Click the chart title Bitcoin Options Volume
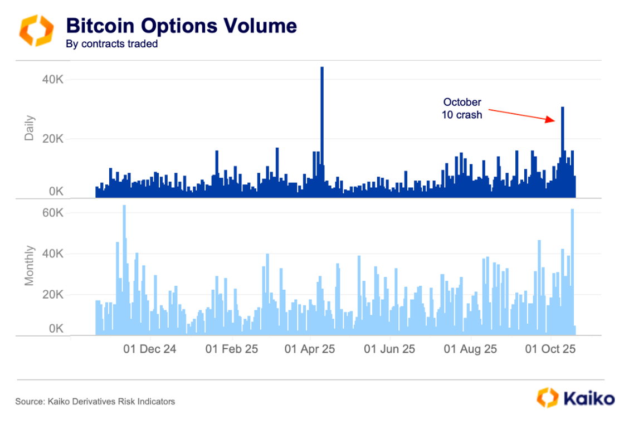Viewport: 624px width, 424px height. pyautogui.click(x=181, y=26)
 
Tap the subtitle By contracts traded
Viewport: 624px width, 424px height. pyautogui.click(x=111, y=44)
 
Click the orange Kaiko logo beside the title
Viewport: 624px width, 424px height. pyautogui.click(x=36, y=30)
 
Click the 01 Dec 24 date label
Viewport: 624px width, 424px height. pyautogui.click(x=150, y=349)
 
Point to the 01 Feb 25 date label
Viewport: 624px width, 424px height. pyautogui.click(x=232, y=349)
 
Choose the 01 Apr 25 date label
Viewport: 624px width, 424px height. pyautogui.click(x=310, y=349)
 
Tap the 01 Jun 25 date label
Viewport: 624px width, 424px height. pyautogui.click(x=389, y=349)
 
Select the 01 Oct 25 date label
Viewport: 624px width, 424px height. pyautogui.click(x=550, y=349)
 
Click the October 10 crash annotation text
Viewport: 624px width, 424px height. pyautogui.click(x=462, y=109)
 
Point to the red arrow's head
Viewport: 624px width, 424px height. pyautogui.click(x=554, y=120)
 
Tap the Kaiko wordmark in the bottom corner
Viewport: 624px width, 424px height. pyautogui.click(x=589, y=399)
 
